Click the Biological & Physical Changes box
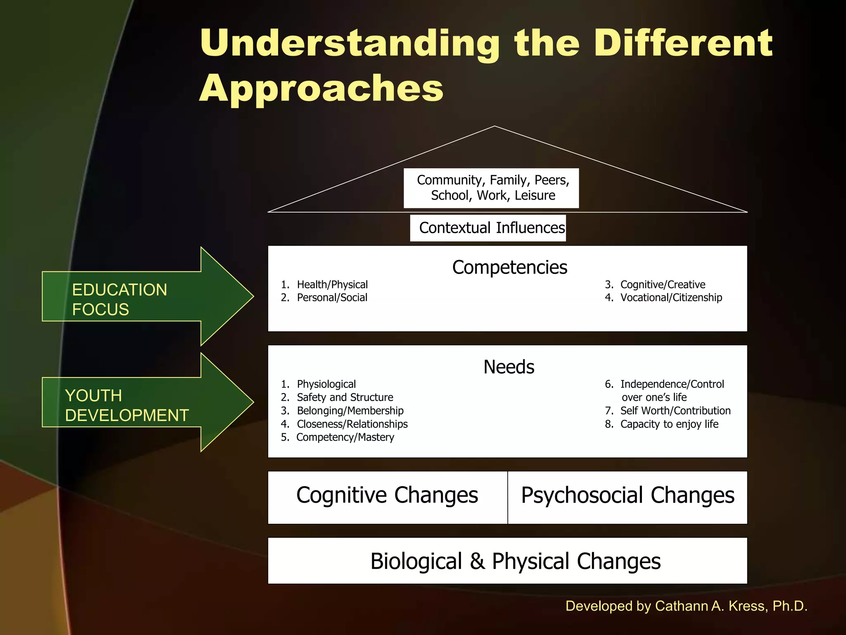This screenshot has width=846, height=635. pyautogui.click(x=507, y=561)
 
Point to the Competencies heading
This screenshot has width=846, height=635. pyautogui.click(x=509, y=267)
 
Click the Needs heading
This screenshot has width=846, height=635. pyautogui.click(x=509, y=367)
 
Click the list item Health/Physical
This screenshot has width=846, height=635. pyautogui.click(x=332, y=285)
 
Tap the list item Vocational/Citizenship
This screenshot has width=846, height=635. pyautogui.click(x=671, y=298)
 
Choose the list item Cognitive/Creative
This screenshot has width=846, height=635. pyautogui.click(x=663, y=285)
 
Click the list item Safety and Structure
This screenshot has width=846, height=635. pyautogui.click(x=345, y=397)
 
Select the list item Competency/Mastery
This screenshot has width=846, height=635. pyautogui.click(x=345, y=437)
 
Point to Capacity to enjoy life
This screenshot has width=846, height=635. pyautogui.click(x=669, y=424)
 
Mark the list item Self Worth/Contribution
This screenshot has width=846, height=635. pyautogui.click(x=675, y=411)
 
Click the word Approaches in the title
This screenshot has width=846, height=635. pyautogui.click(x=321, y=89)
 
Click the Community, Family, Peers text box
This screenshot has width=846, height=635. pyautogui.click(x=491, y=188)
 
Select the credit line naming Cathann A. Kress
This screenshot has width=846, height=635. pyautogui.click(x=686, y=606)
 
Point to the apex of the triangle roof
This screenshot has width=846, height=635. pyautogui.click(x=494, y=127)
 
